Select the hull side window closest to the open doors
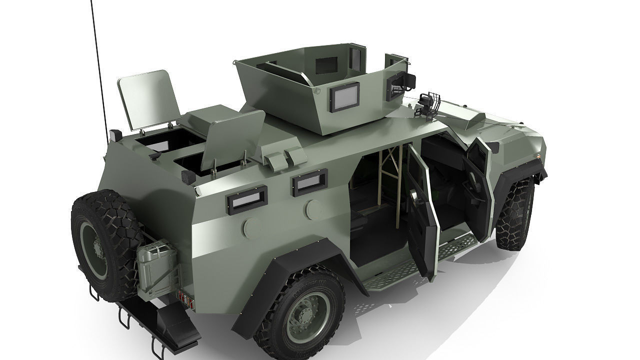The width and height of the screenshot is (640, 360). click(310, 182)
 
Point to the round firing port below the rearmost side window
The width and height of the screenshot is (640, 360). click(251, 227)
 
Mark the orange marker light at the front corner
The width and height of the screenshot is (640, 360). click(537, 155)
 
